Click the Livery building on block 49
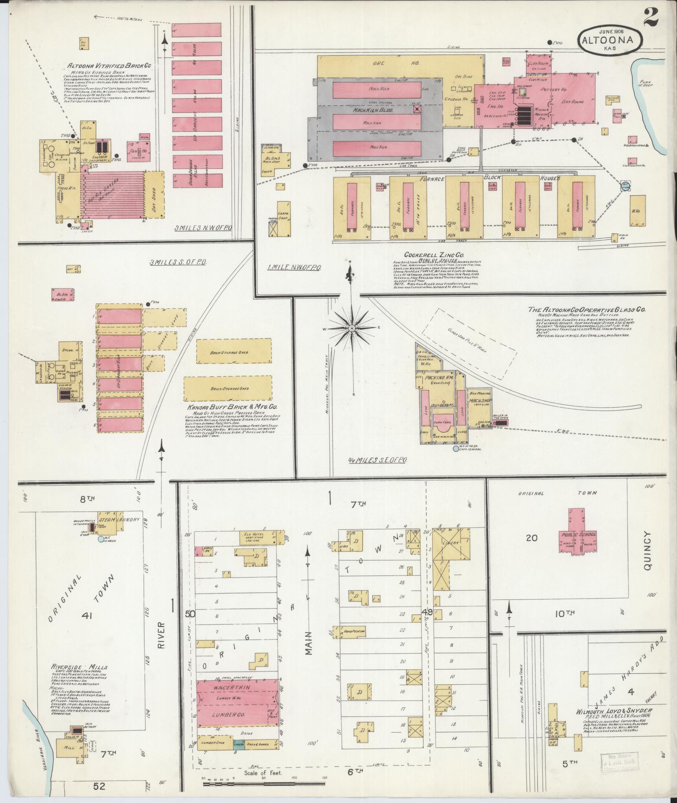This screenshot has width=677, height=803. pyautogui.click(x=450, y=543)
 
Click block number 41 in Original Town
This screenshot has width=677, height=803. pyautogui.click(x=87, y=616)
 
